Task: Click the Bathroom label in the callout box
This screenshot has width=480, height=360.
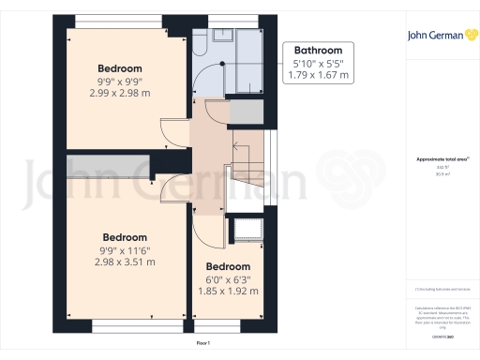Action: pyautogui.click(x=319, y=51)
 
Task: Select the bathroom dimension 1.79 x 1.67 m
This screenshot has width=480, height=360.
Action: pyautogui.click(x=319, y=74)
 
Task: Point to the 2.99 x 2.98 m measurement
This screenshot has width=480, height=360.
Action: pyautogui.click(x=120, y=93)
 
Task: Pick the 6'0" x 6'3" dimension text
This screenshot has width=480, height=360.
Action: pyautogui.click(x=229, y=278)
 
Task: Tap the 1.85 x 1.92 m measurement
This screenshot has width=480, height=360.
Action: pyautogui.click(x=229, y=291)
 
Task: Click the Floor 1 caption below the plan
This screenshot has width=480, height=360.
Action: pyautogui.click(x=203, y=345)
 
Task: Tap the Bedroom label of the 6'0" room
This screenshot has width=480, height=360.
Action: pyautogui.click(x=229, y=265)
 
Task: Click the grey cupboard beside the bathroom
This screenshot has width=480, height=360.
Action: pyautogui.click(x=246, y=111)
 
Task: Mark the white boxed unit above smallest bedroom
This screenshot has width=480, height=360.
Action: pyautogui.click(x=249, y=229)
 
